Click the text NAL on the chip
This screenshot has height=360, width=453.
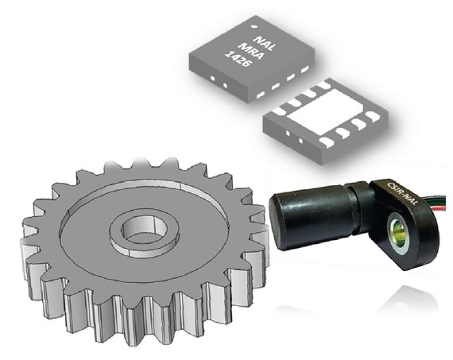coord(264,44)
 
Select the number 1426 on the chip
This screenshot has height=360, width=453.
coord(238,59)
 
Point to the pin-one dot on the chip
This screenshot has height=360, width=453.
coord(255,26)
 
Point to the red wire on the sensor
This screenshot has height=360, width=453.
coord(438,207)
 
